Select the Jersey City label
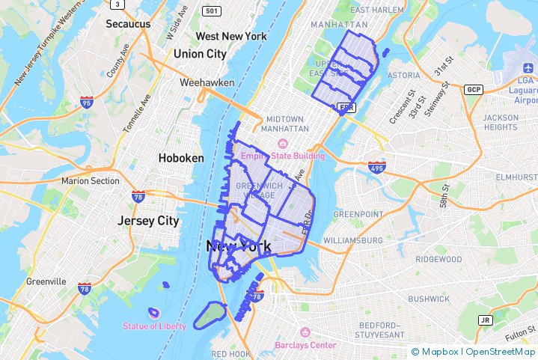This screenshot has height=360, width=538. pyautogui.click(x=148, y=221)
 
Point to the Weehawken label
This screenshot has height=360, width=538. pyautogui.click(x=207, y=82)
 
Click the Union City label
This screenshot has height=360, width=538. pyautogui.click(x=200, y=54)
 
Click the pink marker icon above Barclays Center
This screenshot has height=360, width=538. pyautogui.click(x=305, y=332)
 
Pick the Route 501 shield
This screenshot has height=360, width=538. pyautogui.click(x=212, y=10)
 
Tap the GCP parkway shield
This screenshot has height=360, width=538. pyautogui.click(x=473, y=90)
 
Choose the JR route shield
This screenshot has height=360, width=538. pyautogui.click(x=486, y=320)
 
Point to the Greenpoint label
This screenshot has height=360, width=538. pyautogui.click(x=358, y=214)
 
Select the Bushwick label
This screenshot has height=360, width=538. pyautogui.click(x=429, y=298)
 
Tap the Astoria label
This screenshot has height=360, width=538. pyautogui.click(x=404, y=75)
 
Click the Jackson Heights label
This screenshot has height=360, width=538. pyautogui.click(x=501, y=122)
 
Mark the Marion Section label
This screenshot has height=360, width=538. pyautogui.click(x=91, y=180)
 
